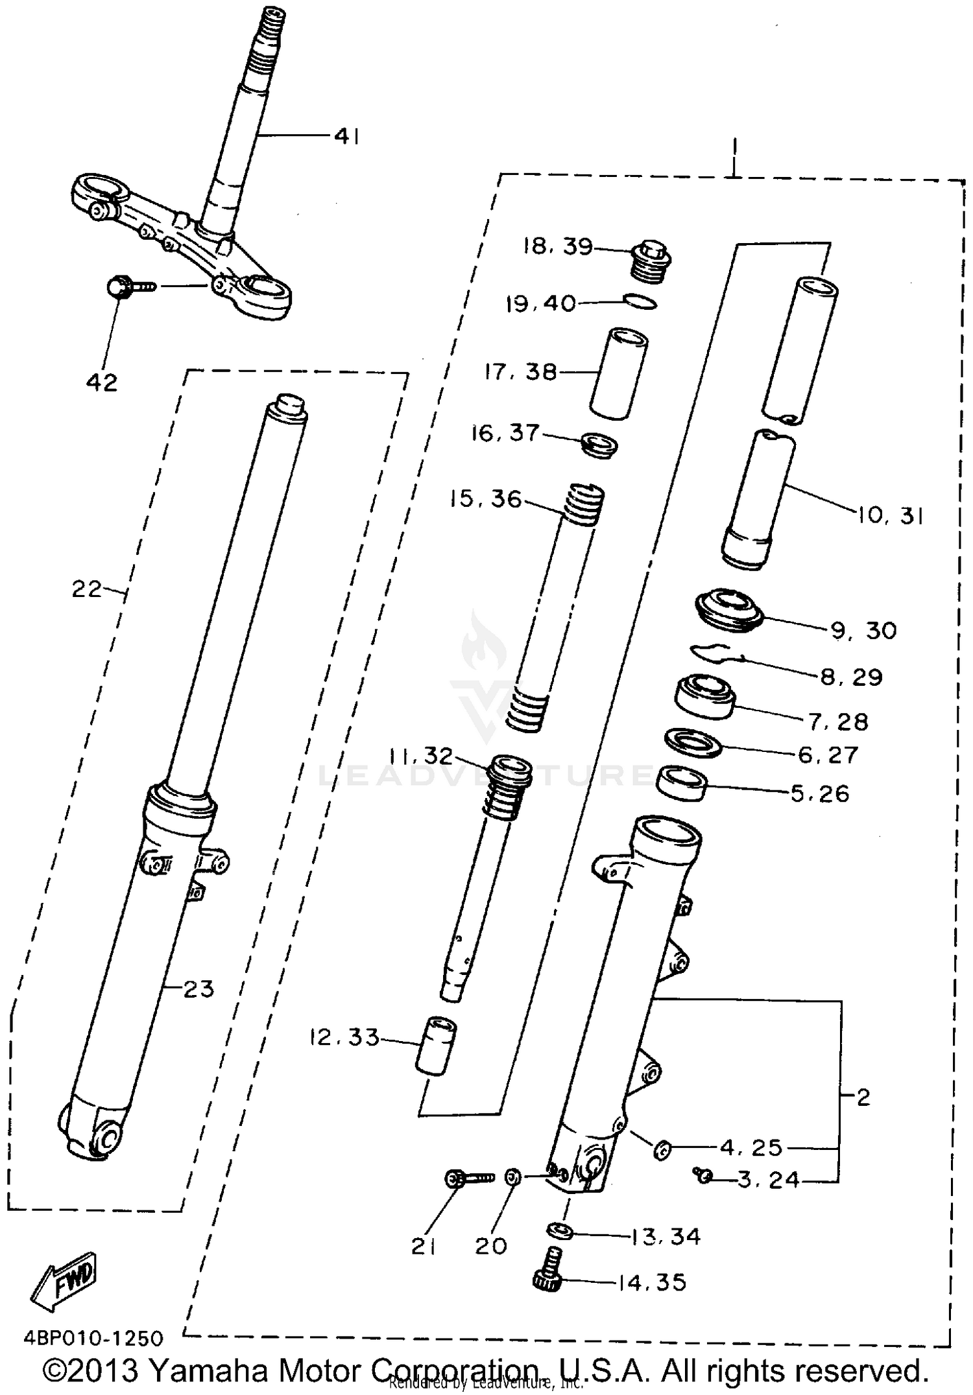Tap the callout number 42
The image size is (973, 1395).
102,382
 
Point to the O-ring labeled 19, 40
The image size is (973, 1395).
640,301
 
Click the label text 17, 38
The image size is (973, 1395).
521,372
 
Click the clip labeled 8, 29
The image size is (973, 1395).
717,653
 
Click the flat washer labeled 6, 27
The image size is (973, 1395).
694,742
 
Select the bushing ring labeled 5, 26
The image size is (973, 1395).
681,783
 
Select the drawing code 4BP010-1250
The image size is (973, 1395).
93,1337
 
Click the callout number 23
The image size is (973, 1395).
198,989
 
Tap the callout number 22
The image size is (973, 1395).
87,589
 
